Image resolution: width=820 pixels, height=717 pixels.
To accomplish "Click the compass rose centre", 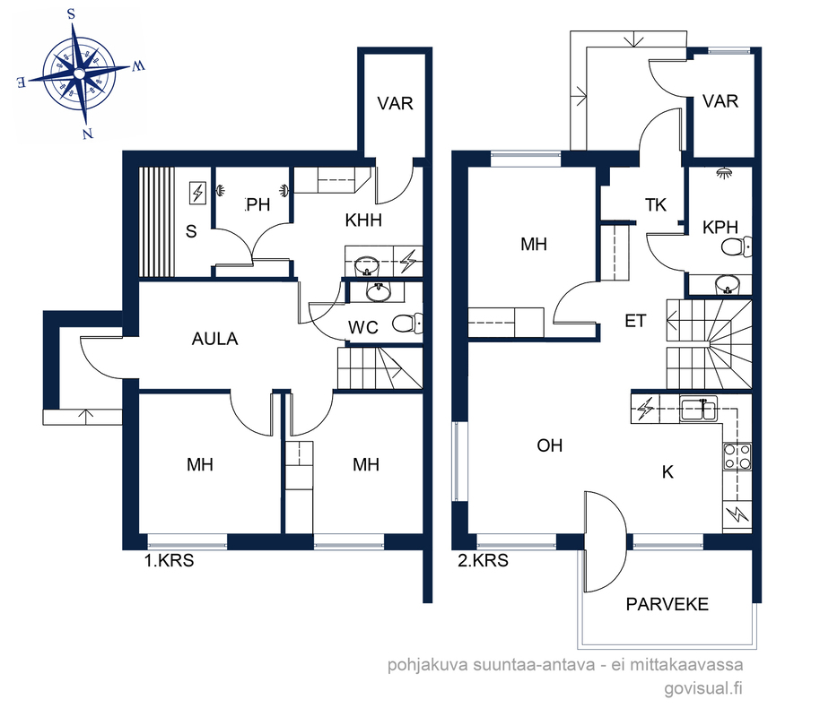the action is pyautogui.click(x=79, y=74).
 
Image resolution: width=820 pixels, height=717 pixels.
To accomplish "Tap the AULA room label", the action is pyautogui.click(x=215, y=339).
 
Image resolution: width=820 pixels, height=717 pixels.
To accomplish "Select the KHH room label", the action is pyautogui.click(x=363, y=220).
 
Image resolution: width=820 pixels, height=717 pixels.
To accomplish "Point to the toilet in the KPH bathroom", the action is pyautogui.click(x=737, y=246).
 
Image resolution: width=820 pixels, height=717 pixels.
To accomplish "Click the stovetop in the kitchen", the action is pyautogui.click(x=737, y=456).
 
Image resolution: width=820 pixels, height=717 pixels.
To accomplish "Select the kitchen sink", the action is pyautogui.click(x=698, y=409).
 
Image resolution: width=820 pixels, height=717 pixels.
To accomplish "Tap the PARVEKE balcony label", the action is pyautogui.click(x=667, y=604).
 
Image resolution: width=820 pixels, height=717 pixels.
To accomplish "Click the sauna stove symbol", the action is pyautogui.click(x=197, y=193).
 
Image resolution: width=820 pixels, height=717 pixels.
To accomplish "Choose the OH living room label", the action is pyautogui.click(x=550, y=445).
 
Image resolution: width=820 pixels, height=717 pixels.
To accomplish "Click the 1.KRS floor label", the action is pyautogui.click(x=169, y=560).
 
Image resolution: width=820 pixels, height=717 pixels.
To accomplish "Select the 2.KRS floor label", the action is pyautogui.click(x=483, y=560).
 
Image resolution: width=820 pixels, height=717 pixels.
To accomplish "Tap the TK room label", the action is pyautogui.click(x=655, y=205).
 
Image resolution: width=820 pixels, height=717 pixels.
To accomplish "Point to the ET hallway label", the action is pyautogui.click(x=635, y=320).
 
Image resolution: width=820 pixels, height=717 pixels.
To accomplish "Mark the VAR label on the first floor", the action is pyautogui.click(x=396, y=103).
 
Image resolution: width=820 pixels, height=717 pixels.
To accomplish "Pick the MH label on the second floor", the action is pyautogui.click(x=534, y=244).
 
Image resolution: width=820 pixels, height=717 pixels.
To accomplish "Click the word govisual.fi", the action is pyautogui.click(x=703, y=688).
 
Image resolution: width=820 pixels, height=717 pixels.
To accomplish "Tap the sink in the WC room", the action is pyautogui.click(x=378, y=292).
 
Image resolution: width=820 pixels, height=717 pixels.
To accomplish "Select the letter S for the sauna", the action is pyautogui.click(x=191, y=231).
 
